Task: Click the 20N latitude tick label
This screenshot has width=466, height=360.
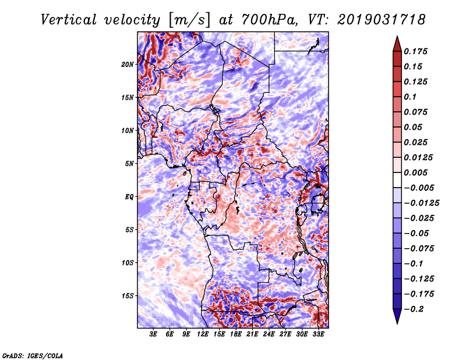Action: point(128,64)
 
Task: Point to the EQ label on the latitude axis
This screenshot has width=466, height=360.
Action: point(129,197)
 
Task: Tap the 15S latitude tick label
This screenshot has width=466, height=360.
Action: point(128,296)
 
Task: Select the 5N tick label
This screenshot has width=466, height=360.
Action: point(129,164)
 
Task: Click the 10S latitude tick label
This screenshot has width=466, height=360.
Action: point(128,263)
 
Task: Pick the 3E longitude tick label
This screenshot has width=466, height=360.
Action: point(154,334)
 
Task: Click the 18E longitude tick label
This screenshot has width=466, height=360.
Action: point(236,334)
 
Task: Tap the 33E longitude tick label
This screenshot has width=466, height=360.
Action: point(319,334)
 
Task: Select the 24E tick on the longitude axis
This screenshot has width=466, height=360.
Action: point(269,334)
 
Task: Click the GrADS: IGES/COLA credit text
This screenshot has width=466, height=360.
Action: point(33,355)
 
